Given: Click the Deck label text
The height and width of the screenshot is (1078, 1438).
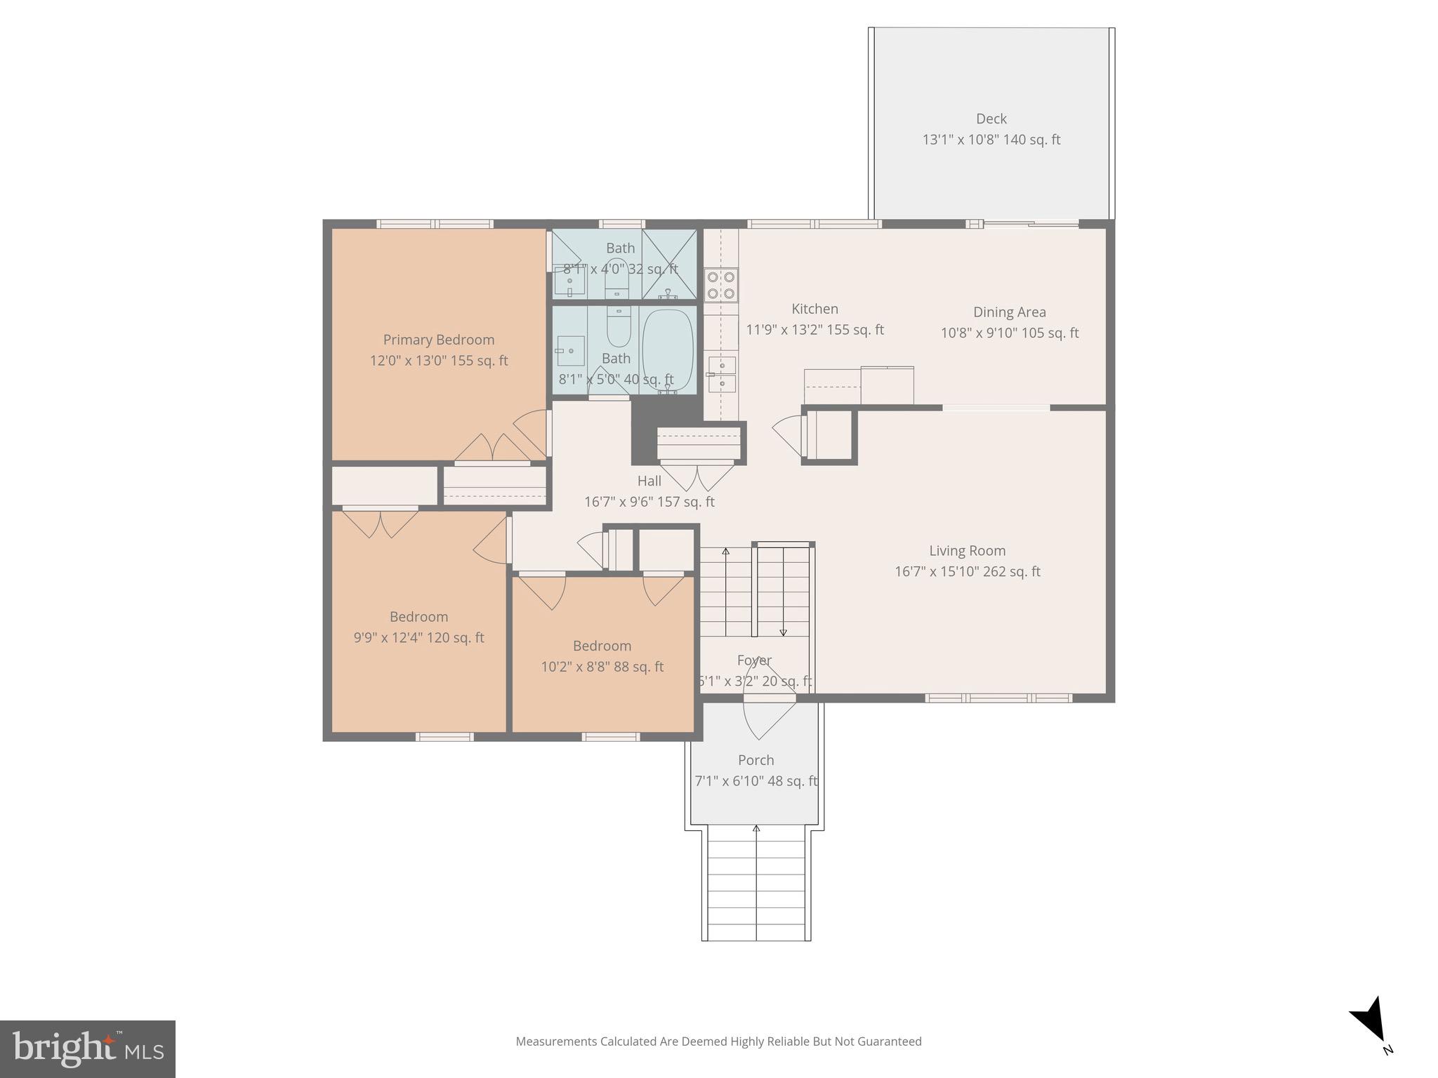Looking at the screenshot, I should pyautogui.click(x=991, y=119).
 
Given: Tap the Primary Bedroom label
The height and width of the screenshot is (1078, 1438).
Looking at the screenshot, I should pyautogui.click(x=438, y=340).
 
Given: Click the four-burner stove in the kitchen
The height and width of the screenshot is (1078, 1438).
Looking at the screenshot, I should pyautogui.click(x=721, y=285).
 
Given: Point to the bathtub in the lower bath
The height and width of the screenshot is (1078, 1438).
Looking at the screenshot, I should pyautogui.click(x=668, y=349).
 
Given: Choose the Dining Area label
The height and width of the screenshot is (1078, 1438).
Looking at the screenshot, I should pyautogui.click(x=1009, y=312).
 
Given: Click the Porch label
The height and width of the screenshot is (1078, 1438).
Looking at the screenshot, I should pyautogui.click(x=756, y=760).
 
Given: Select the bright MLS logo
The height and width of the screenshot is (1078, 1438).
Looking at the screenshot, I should pyautogui.click(x=87, y=1049).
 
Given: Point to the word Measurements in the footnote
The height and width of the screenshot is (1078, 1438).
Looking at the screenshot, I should pyautogui.click(x=556, y=1042).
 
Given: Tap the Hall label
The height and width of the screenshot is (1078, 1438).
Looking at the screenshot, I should pyautogui.click(x=649, y=481).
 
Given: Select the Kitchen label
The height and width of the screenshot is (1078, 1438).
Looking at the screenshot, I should pyautogui.click(x=814, y=309).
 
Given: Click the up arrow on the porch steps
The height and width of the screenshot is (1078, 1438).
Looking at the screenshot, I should pyautogui.click(x=756, y=830).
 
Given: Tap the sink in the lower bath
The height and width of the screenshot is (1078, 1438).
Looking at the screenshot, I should pyautogui.click(x=571, y=350).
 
